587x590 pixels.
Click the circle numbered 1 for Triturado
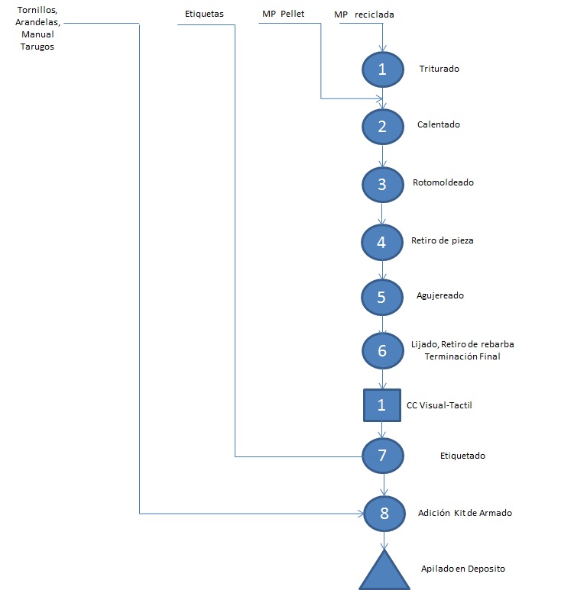click(x=383, y=69)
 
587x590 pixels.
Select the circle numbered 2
click(x=383, y=127)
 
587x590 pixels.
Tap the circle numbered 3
click(x=383, y=185)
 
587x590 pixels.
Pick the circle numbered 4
click(x=382, y=242)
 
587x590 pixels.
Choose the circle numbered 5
click(x=382, y=297)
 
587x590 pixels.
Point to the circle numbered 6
click(x=383, y=350)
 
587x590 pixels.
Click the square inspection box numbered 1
click(x=382, y=405)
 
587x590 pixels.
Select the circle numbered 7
click(x=383, y=456)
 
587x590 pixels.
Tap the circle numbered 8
click(x=384, y=514)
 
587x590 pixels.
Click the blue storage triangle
click(x=384, y=572)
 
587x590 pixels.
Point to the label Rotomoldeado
click(x=443, y=182)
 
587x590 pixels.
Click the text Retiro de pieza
click(x=443, y=240)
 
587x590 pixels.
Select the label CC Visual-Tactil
click(x=439, y=405)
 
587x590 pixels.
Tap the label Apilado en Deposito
click(x=463, y=569)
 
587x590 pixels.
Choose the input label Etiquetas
click(x=204, y=14)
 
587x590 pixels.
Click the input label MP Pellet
click(x=284, y=14)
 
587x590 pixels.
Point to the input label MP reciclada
click(x=364, y=15)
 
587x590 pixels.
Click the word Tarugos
click(x=37, y=47)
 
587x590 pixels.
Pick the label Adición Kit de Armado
click(x=465, y=513)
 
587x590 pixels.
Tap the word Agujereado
click(x=440, y=295)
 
